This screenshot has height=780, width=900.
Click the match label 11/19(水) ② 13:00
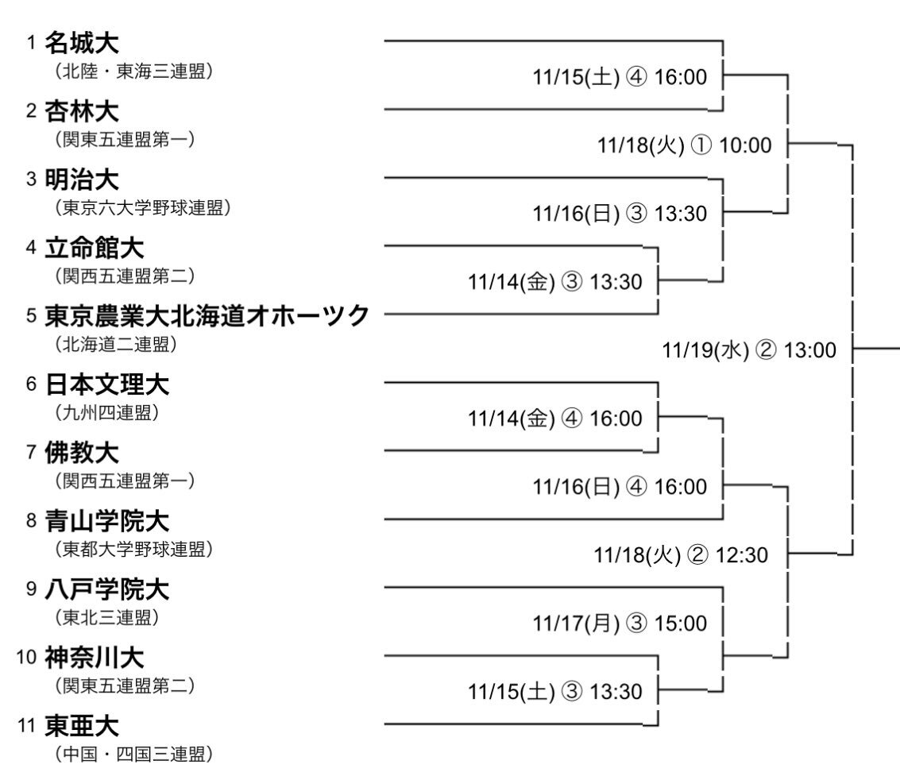tap(750, 350)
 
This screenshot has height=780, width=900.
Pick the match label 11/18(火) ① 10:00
tap(684, 145)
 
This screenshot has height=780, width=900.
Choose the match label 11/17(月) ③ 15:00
tap(620, 624)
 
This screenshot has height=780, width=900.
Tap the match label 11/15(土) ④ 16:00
tap(620, 77)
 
